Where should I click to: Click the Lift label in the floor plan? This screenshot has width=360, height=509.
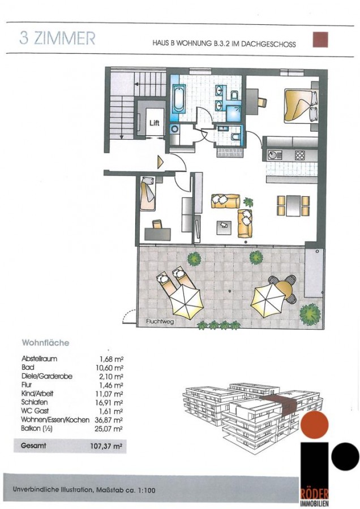tap(155, 123)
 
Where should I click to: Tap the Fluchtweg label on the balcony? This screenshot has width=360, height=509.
tap(160, 322)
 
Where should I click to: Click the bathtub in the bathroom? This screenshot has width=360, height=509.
tap(179, 98)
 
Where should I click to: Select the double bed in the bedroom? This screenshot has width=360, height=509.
tap(301, 106)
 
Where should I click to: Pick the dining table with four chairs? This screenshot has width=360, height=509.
tap(293, 206)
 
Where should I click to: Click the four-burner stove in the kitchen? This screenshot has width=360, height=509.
tap(299, 155)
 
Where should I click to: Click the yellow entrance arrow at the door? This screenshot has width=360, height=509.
tap(160, 162)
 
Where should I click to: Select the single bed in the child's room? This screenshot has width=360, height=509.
tap(148, 193)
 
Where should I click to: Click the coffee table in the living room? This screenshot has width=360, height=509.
tap(224, 227)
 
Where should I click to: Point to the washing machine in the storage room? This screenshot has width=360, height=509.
tap(174, 130)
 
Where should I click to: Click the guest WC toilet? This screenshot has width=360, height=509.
tap(235, 136)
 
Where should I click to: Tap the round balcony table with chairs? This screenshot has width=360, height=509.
tap(282, 289)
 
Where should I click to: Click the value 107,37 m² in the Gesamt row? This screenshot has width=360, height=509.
tap(106, 446)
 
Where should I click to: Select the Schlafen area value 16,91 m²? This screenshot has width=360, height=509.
tap(111, 403)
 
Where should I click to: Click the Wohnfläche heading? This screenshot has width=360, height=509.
tap(45, 343)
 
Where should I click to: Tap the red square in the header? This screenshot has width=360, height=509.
tap(320, 40)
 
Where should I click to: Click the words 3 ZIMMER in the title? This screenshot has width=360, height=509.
tap(57, 38)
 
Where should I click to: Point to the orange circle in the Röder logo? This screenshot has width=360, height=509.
tap(315, 424)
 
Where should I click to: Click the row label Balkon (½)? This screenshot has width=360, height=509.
tap(37, 429)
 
